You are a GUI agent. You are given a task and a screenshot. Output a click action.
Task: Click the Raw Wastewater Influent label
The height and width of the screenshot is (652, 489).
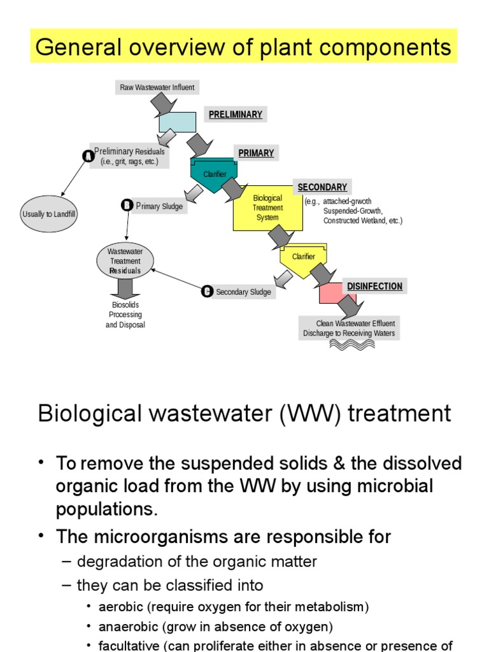(x=157, y=87)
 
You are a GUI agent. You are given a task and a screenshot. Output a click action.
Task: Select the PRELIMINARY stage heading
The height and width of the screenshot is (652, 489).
(x=235, y=115)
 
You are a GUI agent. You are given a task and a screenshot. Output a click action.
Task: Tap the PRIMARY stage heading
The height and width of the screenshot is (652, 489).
(x=256, y=153)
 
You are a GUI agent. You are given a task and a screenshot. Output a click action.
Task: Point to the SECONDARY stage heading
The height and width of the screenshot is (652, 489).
(x=322, y=187)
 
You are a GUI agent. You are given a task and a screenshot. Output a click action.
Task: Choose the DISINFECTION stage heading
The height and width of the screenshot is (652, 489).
(x=374, y=287)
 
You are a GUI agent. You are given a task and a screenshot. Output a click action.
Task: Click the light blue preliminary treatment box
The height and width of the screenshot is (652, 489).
(x=177, y=122)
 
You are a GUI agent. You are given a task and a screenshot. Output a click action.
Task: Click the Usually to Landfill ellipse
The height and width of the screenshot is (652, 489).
(x=49, y=215)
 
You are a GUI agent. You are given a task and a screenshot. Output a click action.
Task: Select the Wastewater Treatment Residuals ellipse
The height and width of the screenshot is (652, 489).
(x=125, y=261)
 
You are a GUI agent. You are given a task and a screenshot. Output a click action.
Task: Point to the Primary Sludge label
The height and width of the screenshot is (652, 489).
(x=159, y=206)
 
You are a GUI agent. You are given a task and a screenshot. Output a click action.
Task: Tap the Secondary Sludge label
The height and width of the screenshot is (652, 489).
(x=243, y=292)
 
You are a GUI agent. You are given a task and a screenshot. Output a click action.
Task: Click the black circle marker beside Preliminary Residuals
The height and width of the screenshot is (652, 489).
(x=88, y=155)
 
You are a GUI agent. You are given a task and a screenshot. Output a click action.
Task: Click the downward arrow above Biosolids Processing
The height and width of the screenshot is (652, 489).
(x=125, y=288)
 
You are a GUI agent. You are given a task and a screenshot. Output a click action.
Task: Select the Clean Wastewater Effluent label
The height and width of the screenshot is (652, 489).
(x=349, y=328)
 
